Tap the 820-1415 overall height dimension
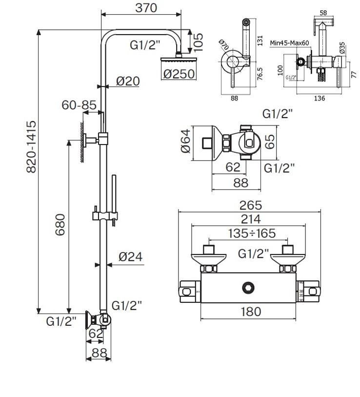31,146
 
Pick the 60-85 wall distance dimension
79,105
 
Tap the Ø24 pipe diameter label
131,256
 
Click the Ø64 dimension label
186,141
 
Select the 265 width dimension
251,205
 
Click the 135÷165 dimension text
252,233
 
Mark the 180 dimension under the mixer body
251,311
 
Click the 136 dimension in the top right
319,98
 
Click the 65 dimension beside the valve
270,141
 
